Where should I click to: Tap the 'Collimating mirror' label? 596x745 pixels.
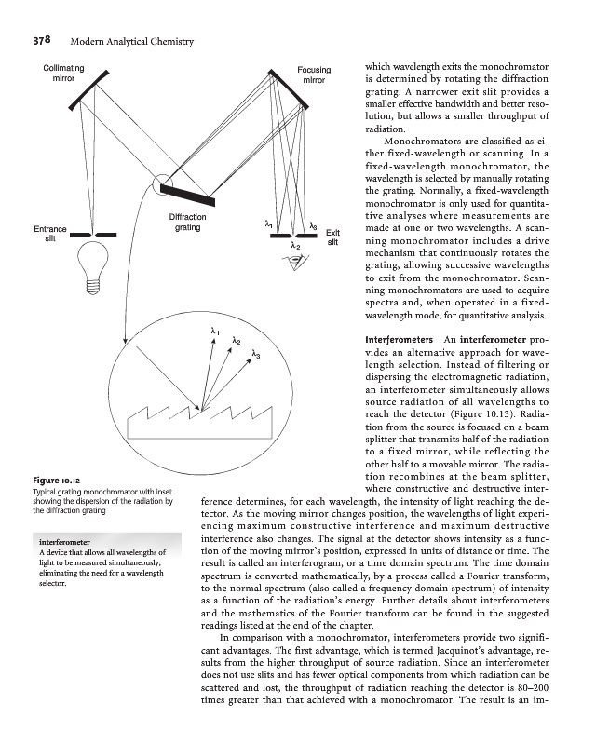click(64, 75)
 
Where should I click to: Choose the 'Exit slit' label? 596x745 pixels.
click(332, 237)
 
